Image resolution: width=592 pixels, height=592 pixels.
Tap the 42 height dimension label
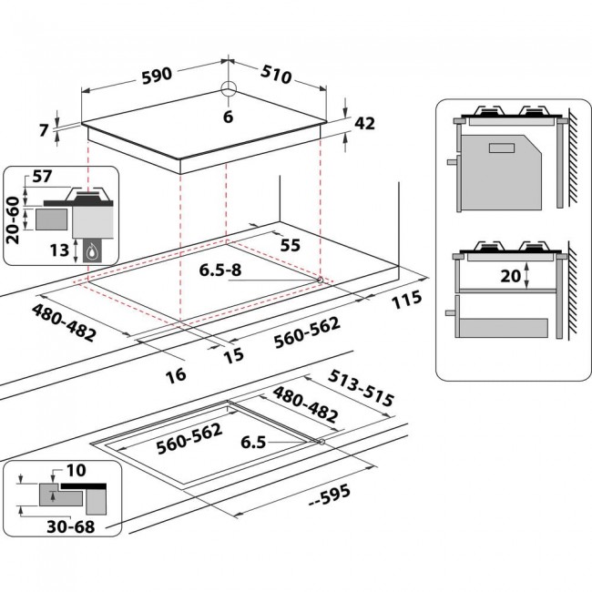[364, 124]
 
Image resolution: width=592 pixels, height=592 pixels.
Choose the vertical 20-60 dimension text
[13, 218]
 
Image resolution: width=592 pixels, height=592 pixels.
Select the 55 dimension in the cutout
[290, 246]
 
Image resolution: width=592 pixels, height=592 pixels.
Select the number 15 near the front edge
[234, 354]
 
